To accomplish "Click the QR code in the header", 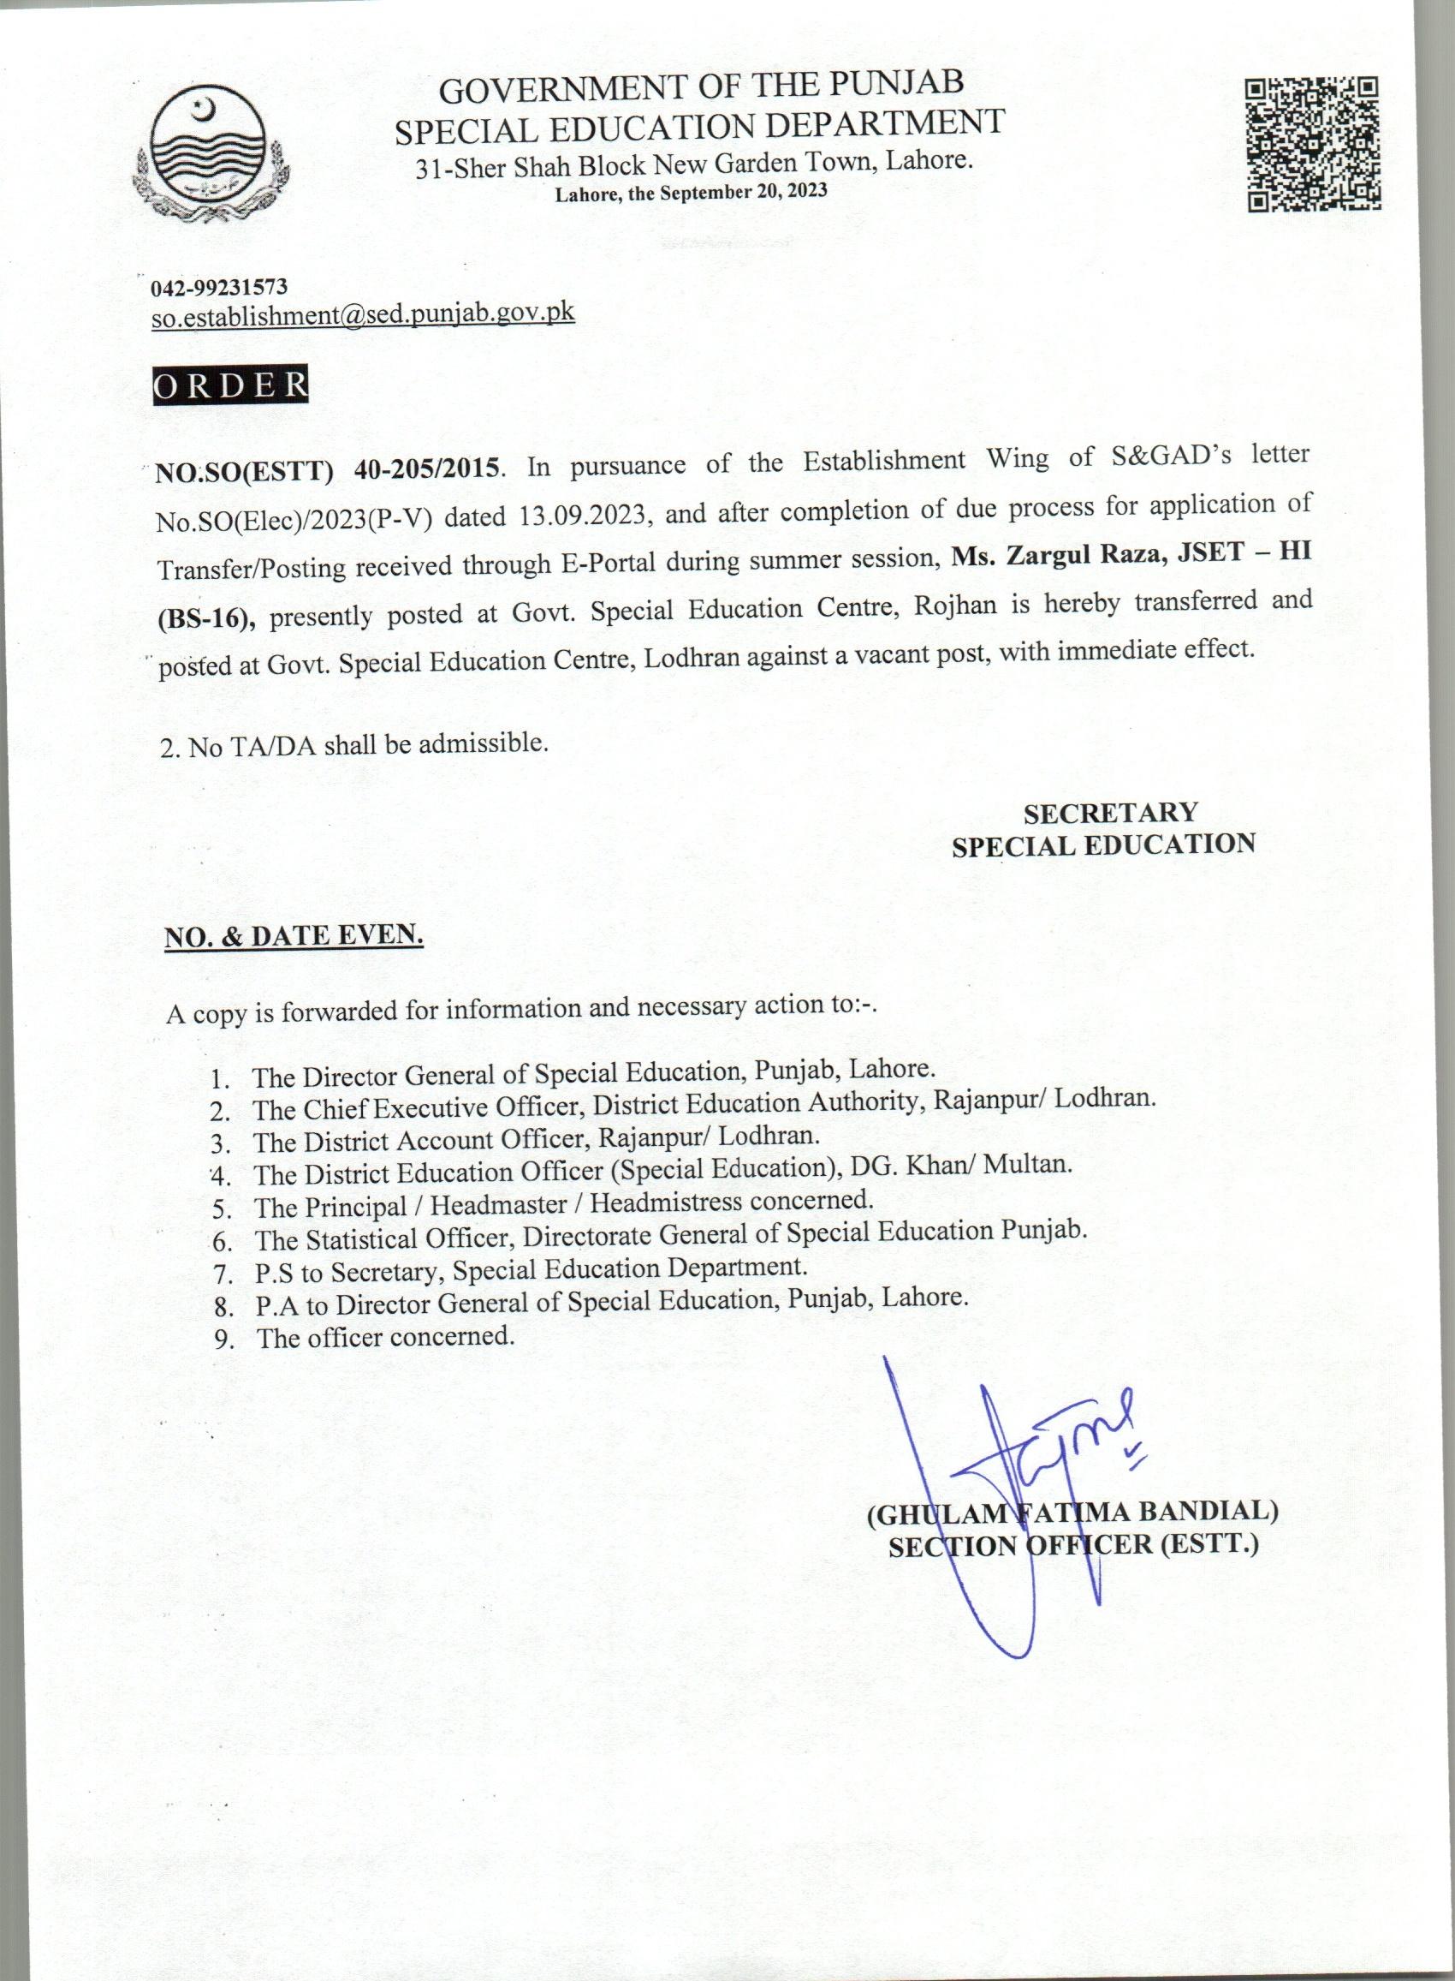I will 1312,145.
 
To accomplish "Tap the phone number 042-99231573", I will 219,286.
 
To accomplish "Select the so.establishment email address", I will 363,313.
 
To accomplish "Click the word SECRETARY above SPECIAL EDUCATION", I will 1109,811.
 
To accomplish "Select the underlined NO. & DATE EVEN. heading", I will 294,936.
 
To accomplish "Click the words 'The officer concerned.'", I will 385,1337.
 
